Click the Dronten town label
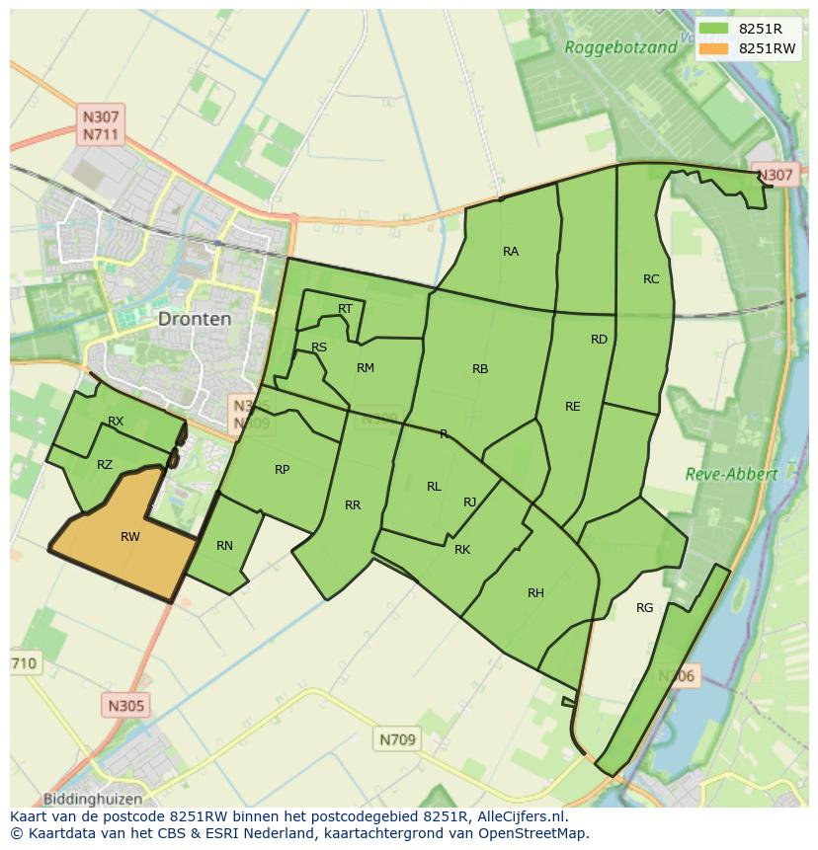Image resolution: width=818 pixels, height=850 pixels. click(195, 319)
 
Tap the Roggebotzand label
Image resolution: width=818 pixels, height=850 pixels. click(621, 46)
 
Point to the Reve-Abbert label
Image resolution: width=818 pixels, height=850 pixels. click(731, 474)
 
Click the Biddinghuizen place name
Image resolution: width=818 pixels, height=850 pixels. click(93, 799)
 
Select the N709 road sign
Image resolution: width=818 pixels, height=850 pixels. click(398, 738)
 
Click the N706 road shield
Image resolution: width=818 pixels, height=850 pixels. click(677, 676)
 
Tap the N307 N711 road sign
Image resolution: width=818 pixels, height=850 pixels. click(102, 124)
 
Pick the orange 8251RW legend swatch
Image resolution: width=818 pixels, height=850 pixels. click(714, 48)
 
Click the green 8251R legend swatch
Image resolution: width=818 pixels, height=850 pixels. click(714, 29)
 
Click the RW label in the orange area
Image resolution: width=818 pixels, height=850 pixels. click(130, 537)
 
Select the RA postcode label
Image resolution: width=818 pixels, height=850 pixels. click(511, 252)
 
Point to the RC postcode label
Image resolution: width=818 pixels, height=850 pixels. click(651, 279)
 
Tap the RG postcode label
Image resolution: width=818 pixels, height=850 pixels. click(645, 608)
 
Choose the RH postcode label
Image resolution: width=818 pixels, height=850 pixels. click(535, 593)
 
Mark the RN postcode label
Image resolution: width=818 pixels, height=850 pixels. click(224, 546)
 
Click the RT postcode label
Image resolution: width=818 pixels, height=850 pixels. click(345, 309)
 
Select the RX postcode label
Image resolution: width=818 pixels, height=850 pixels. click(116, 422)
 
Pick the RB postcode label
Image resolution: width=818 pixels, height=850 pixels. click(480, 369)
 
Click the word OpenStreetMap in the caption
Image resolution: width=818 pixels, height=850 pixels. click(533, 833)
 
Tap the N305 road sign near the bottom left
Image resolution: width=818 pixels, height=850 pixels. click(125, 705)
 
